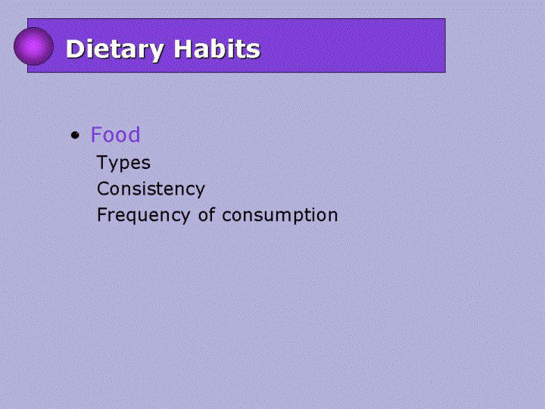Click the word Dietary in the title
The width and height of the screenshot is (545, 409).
coord(115,50)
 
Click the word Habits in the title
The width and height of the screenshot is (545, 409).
coord(217,48)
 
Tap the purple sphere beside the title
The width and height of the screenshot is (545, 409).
coord(34,46)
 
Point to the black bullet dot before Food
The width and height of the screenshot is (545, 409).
coord(75,135)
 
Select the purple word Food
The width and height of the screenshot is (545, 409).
coord(115,134)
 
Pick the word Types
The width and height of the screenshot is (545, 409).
coord(123,163)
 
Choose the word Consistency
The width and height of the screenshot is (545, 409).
coord(151,189)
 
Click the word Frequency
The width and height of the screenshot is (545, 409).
coord(143,215)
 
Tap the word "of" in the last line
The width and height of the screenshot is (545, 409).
coord(207,214)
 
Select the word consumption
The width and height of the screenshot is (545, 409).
coord(280,215)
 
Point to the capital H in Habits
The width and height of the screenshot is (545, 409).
coord(184,48)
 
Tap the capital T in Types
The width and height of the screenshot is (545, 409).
coord(103,162)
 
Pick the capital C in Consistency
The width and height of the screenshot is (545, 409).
coord(103,189)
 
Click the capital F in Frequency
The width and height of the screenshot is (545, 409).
coord(102,214)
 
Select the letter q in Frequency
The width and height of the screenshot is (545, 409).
coord(134,217)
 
